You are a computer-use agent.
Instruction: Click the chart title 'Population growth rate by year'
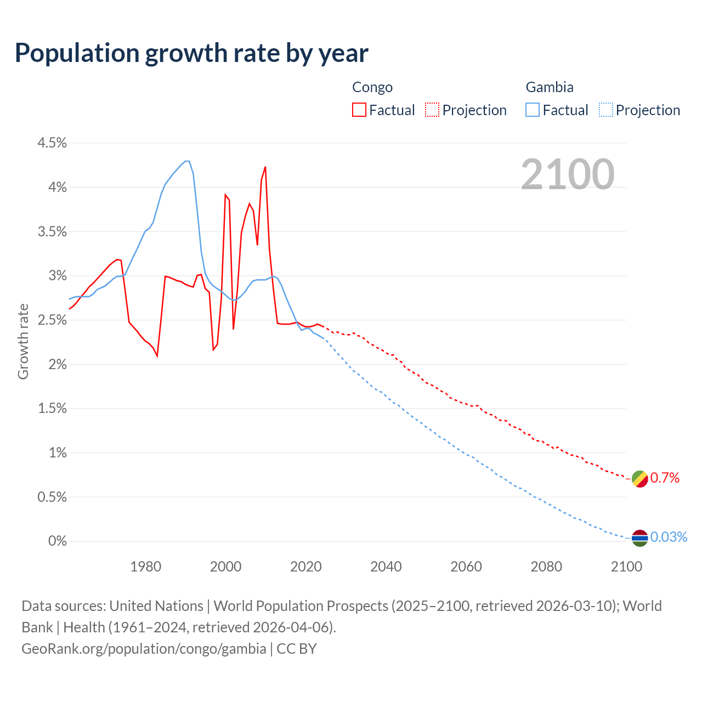[x=191, y=53]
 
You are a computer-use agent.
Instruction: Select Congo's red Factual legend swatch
[x=359, y=110]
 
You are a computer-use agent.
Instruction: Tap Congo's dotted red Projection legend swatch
[x=432, y=110]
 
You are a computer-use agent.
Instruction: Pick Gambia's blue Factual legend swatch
[x=532, y=110]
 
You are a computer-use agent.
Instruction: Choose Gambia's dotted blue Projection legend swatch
[x=605, y=110]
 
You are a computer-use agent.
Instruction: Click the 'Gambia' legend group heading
[x=549, y=87]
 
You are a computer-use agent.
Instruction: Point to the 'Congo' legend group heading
[x=372, y=87]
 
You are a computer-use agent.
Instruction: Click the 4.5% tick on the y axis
[x=52, y=143]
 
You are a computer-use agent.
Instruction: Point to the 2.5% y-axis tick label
[x=52, y=320]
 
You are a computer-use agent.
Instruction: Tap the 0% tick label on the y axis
[x=57, y=541]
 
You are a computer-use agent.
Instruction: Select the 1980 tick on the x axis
[x=145, y=567]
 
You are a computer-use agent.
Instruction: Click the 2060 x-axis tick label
[x=466, y=567]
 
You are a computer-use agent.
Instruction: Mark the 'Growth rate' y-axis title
[x=23, y=341]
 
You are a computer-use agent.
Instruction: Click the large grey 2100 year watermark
[x=567, y=174]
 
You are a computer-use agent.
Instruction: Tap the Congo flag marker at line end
[x=639, y=478]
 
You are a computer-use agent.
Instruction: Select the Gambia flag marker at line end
[x=639, y=538]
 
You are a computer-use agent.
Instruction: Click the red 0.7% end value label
[x=665, y=478]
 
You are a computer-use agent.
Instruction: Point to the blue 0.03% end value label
[x=669, y=537]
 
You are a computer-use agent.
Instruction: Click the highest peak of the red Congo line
[x=265, y=167]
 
